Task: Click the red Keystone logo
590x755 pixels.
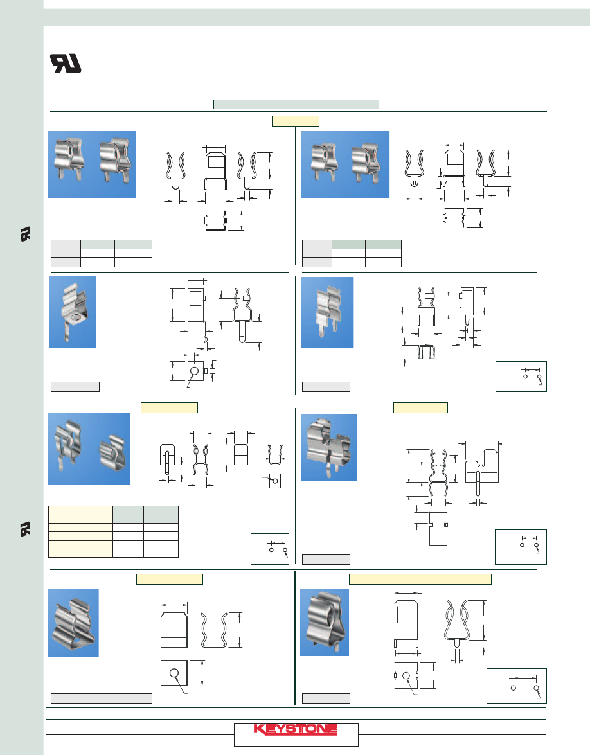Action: tap(295, 729)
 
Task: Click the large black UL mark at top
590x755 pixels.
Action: tap(66, 63)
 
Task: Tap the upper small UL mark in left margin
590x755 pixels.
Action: tap(26, 234)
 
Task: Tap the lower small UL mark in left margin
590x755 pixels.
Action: tap(26, 529)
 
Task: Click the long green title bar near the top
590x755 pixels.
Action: tap(296, 105)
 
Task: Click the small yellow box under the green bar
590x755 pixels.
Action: tap(295, 121)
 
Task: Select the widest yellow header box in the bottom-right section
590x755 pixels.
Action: tap(420, 579)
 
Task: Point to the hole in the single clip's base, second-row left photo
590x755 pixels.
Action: tap(76, 318)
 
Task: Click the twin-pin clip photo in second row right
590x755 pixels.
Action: tap(327, 312)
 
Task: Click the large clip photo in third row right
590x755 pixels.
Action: tap(329, 447)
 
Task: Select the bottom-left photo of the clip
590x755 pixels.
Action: tap(73, 623)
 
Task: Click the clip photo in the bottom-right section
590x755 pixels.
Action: tap(325, 622)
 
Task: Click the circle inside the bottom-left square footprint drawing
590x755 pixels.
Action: tap(174, 673)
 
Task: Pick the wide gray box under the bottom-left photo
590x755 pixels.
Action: tap(102, 698)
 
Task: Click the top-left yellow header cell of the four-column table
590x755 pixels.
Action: tap(64, 515)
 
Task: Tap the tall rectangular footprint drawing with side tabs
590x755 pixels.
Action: tap(438, 528)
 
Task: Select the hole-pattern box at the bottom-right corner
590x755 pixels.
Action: tap(517, 686)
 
